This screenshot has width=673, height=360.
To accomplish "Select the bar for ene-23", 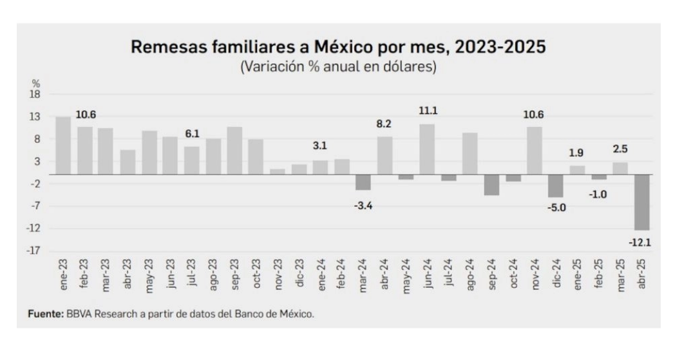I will [x=63, y=146].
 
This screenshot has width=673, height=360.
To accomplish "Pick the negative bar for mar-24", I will [x=363, y=182].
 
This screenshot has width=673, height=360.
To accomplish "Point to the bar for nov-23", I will [x=277, y=172].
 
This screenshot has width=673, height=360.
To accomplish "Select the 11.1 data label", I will [x=427, y=111].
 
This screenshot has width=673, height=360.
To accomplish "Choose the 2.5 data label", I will [x=620, y=149].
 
